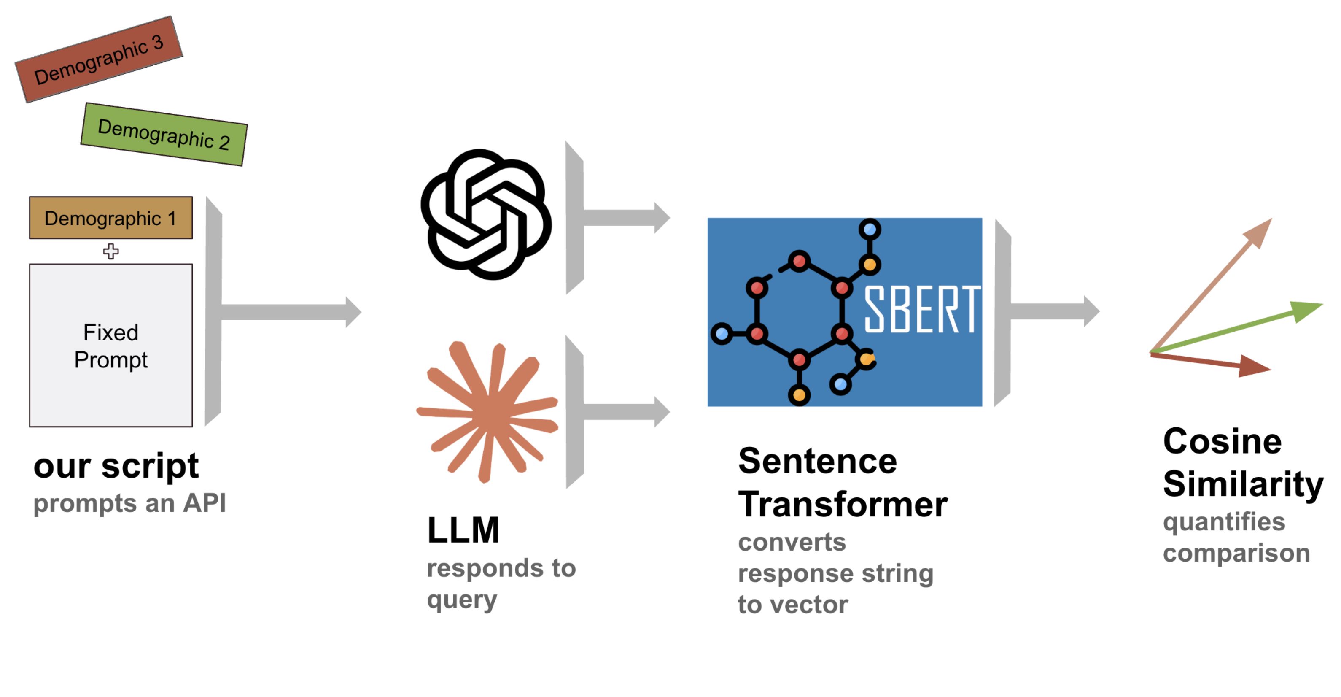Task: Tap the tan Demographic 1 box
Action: coord(111,218)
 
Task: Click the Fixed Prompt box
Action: coord(111,346)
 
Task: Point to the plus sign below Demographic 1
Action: coord(111,251)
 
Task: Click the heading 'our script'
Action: coord(116,466)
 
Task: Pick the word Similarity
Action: coord(1243,484)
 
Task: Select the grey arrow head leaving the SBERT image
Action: coord(1092,311)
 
